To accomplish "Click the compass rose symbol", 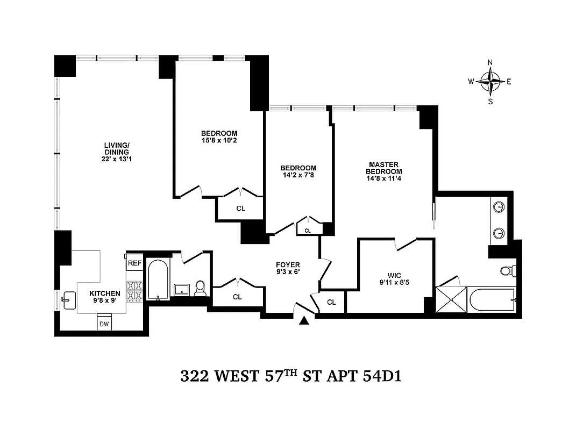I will click(490, 82).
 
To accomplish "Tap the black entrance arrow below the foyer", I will click(304, 321).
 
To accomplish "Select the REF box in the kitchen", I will click(133, 263).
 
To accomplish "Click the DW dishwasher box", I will click(104, 324).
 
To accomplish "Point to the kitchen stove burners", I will click(134, 292).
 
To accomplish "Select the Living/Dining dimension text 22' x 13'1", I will click(116, 159).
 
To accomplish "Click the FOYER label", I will click(288, 265).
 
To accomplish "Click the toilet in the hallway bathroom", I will click(200, 288).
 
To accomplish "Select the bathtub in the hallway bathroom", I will click(158, 279).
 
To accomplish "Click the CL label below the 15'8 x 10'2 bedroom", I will click(240, 209).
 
